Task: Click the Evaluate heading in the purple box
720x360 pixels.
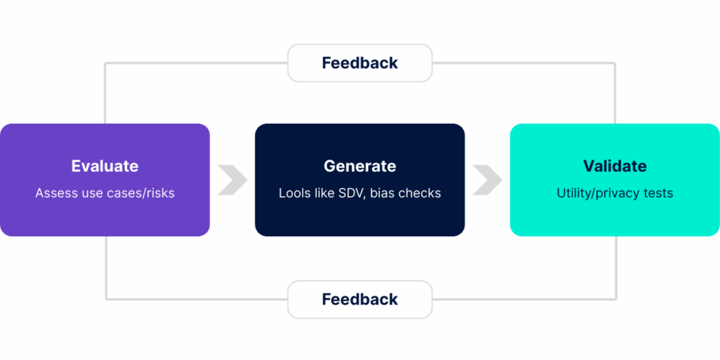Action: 105,166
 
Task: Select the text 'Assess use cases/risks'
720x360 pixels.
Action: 105,193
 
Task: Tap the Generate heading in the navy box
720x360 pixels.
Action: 360,166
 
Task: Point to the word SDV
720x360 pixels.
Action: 353,193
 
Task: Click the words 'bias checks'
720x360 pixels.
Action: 406,193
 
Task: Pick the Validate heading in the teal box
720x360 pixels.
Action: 615,166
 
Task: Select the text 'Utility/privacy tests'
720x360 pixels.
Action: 615,193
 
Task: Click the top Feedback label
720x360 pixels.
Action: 360,63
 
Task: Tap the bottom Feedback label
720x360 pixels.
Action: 360,300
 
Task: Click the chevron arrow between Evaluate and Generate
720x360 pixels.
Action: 233,180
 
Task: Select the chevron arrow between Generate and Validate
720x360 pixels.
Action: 488,180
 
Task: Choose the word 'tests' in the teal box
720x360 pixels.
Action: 659,193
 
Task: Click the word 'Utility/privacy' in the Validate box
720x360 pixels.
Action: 598,193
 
